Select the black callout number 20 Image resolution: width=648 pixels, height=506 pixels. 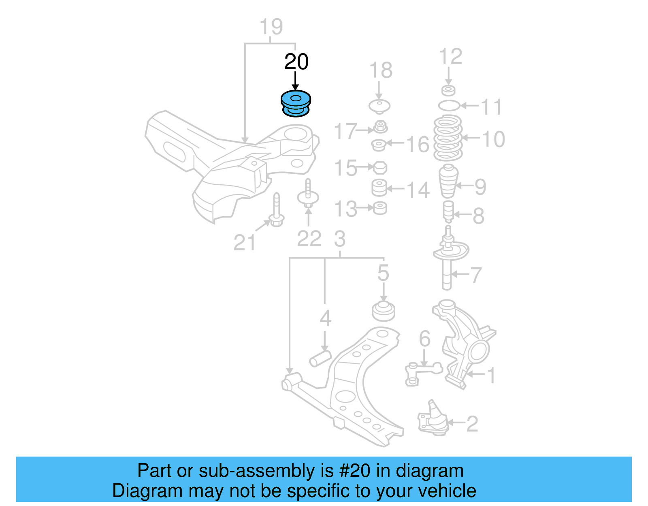(x=296, y=62)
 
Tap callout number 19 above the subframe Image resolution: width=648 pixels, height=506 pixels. (x=271, y=27)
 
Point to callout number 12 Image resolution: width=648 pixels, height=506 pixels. (x=450, y=57)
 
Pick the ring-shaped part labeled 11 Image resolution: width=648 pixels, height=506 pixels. (x=449, y=106)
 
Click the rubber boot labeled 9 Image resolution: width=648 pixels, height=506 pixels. (x=448, y=181)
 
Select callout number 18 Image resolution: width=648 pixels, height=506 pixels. (x=381, y=70)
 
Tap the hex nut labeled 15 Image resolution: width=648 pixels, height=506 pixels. (x=379, y=167)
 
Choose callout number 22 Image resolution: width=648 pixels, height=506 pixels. (x=309, y=239)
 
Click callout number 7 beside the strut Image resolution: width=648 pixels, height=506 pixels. (x=475, y=275)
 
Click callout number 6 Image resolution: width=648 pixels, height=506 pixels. (x=424, y=339)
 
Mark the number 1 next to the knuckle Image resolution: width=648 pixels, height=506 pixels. (x=491, y=376)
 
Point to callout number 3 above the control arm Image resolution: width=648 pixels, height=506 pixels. (x=340, y=239)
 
